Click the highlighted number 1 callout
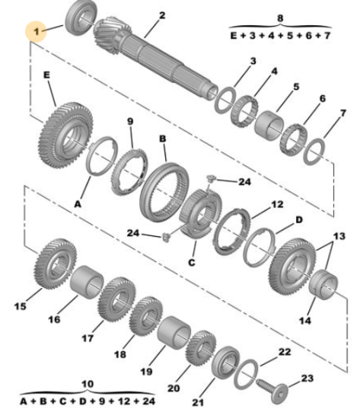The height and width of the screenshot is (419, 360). click(36, 31)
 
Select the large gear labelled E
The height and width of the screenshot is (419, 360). click(66, 135)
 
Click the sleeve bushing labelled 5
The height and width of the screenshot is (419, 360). click(269, 126)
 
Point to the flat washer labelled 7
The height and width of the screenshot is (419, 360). click(315, 152)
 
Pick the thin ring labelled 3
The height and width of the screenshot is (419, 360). click(225, 100)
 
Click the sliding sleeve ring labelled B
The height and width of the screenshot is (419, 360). click(164, 193)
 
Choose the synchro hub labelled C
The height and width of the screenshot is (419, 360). click(201, 213)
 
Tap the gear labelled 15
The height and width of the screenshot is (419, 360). click(56, 264)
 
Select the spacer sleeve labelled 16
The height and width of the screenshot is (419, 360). click(87, 281)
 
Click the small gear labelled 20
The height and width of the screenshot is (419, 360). click(201, 347)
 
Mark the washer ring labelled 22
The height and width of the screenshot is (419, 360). click(246, 375)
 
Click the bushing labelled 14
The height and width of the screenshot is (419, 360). click(323, 284)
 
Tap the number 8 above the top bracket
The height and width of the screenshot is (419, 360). click(280, 18)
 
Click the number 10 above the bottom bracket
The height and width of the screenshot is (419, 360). click(88, 384)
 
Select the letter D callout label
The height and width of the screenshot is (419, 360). click(299, 220)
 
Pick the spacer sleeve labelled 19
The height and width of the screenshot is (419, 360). click(174, 332)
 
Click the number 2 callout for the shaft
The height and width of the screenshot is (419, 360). click(162, 15)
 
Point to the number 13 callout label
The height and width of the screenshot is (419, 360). click(339, 236)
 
